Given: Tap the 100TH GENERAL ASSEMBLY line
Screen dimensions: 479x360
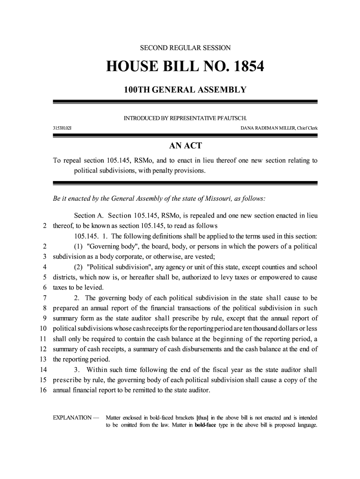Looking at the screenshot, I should pos(185,89).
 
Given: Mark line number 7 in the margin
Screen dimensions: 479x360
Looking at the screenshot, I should pos(43,298).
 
